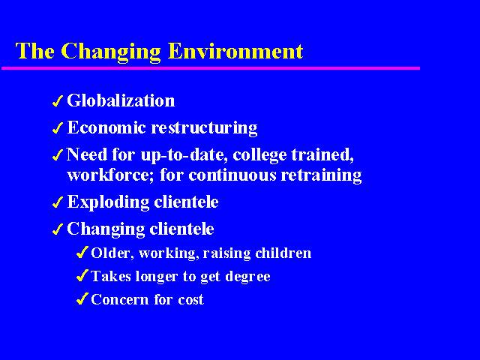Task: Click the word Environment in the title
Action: pyautogui.click(x=235, y=51)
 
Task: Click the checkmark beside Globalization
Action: pyautogui.click(x=58, y=101)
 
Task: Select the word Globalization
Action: pyautogui.click(x=121, y=100)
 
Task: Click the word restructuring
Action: pyautogui.click(x=204, y=128)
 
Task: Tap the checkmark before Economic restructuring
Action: pyautogui.click(x=58, y=128)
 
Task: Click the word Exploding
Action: pyautogui.click(x=108, y=202)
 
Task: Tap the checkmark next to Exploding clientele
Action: pyautogui.click(x=58, y=202)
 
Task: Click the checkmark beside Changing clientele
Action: pyautogui.click(x=58, y=229)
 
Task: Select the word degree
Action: pyautogui.click(x=247, y=277)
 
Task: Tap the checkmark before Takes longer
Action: pyautogui.click(x=82, y=276)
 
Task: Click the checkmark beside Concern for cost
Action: pyautogui.click(x=82, y=298)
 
